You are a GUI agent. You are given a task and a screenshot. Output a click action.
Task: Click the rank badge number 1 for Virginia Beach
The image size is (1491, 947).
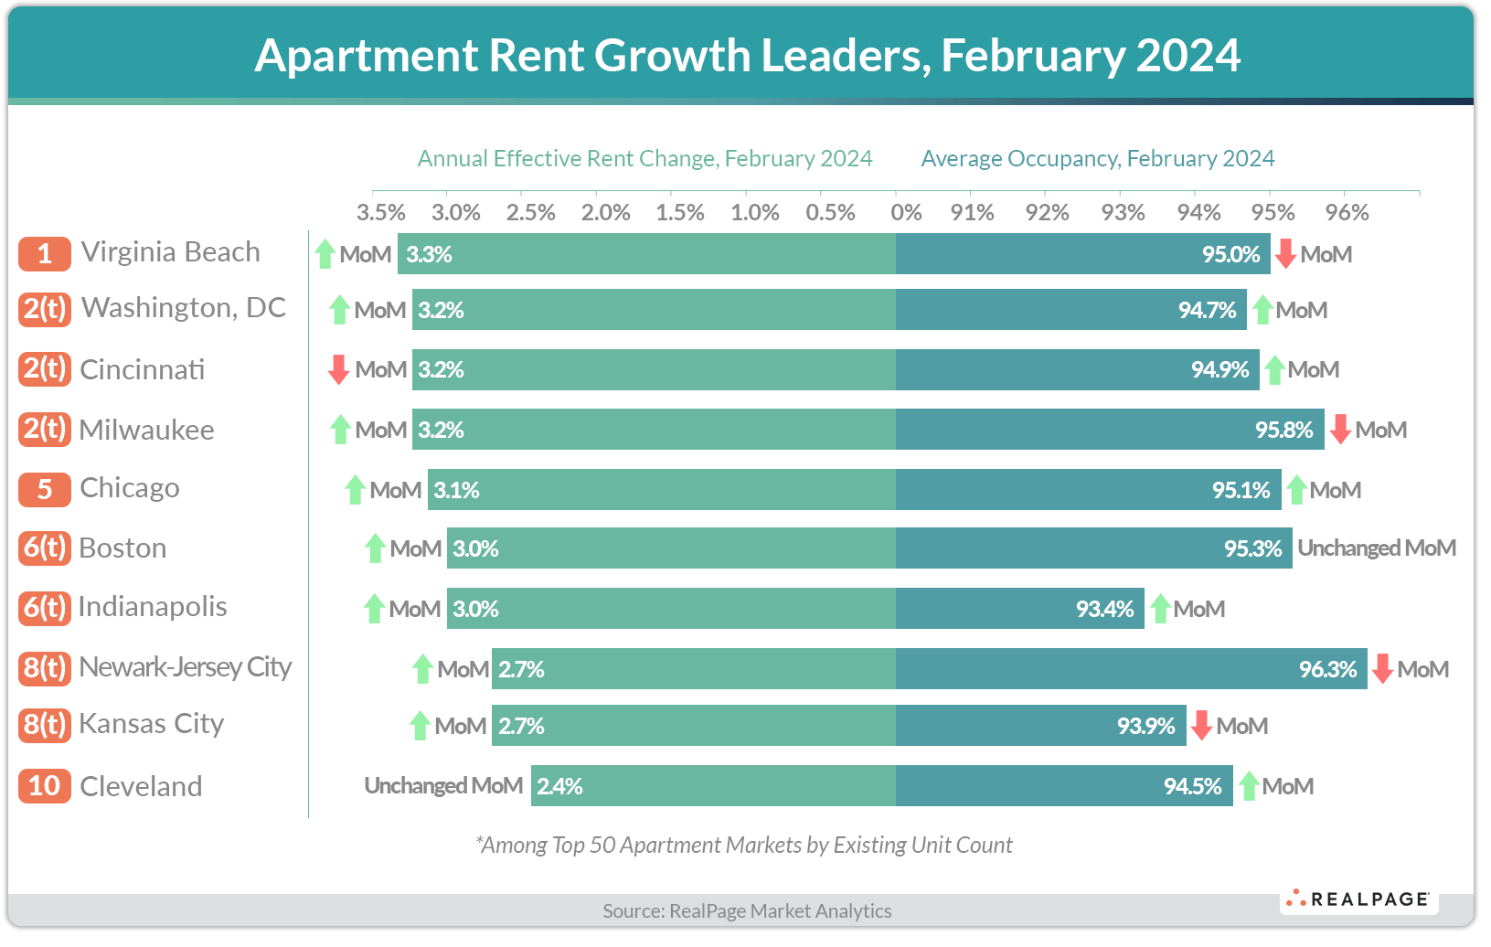44,254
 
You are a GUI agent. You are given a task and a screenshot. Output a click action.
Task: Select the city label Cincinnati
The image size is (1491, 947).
142,369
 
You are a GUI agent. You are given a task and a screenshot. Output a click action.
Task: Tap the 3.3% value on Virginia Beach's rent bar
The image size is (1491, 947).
429,254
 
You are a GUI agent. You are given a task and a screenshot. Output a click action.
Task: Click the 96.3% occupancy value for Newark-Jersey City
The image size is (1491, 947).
1327,669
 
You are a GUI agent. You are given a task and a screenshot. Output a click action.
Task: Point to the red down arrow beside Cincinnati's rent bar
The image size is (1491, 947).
339,369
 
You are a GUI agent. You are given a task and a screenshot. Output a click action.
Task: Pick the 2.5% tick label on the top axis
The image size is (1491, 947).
530,212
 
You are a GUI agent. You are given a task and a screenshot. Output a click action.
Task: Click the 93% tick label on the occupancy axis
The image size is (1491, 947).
1123,212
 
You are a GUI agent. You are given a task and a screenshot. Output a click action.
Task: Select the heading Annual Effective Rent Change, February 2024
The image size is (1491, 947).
644,158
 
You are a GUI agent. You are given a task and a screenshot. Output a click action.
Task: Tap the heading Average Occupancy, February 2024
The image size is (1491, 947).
1097,158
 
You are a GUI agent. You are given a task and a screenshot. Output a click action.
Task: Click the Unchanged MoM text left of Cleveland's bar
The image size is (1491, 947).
443,786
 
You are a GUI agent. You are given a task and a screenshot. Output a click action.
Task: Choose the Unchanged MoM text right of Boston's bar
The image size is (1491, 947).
1376,548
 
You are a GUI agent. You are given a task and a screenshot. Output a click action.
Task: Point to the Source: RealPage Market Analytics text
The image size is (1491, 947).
747,910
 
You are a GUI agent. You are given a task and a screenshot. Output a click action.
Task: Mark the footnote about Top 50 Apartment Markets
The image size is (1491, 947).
744,845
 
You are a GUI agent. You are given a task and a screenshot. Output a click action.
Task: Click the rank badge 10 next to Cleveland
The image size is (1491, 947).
44,786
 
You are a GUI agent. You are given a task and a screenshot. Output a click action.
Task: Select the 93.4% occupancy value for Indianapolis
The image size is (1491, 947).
1104,609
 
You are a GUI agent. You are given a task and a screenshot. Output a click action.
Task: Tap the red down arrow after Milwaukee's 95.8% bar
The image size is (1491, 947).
1340,429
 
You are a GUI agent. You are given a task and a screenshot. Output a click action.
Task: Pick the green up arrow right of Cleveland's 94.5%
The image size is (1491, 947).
1249,786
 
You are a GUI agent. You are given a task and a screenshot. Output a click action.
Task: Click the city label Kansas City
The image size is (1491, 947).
151,724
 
